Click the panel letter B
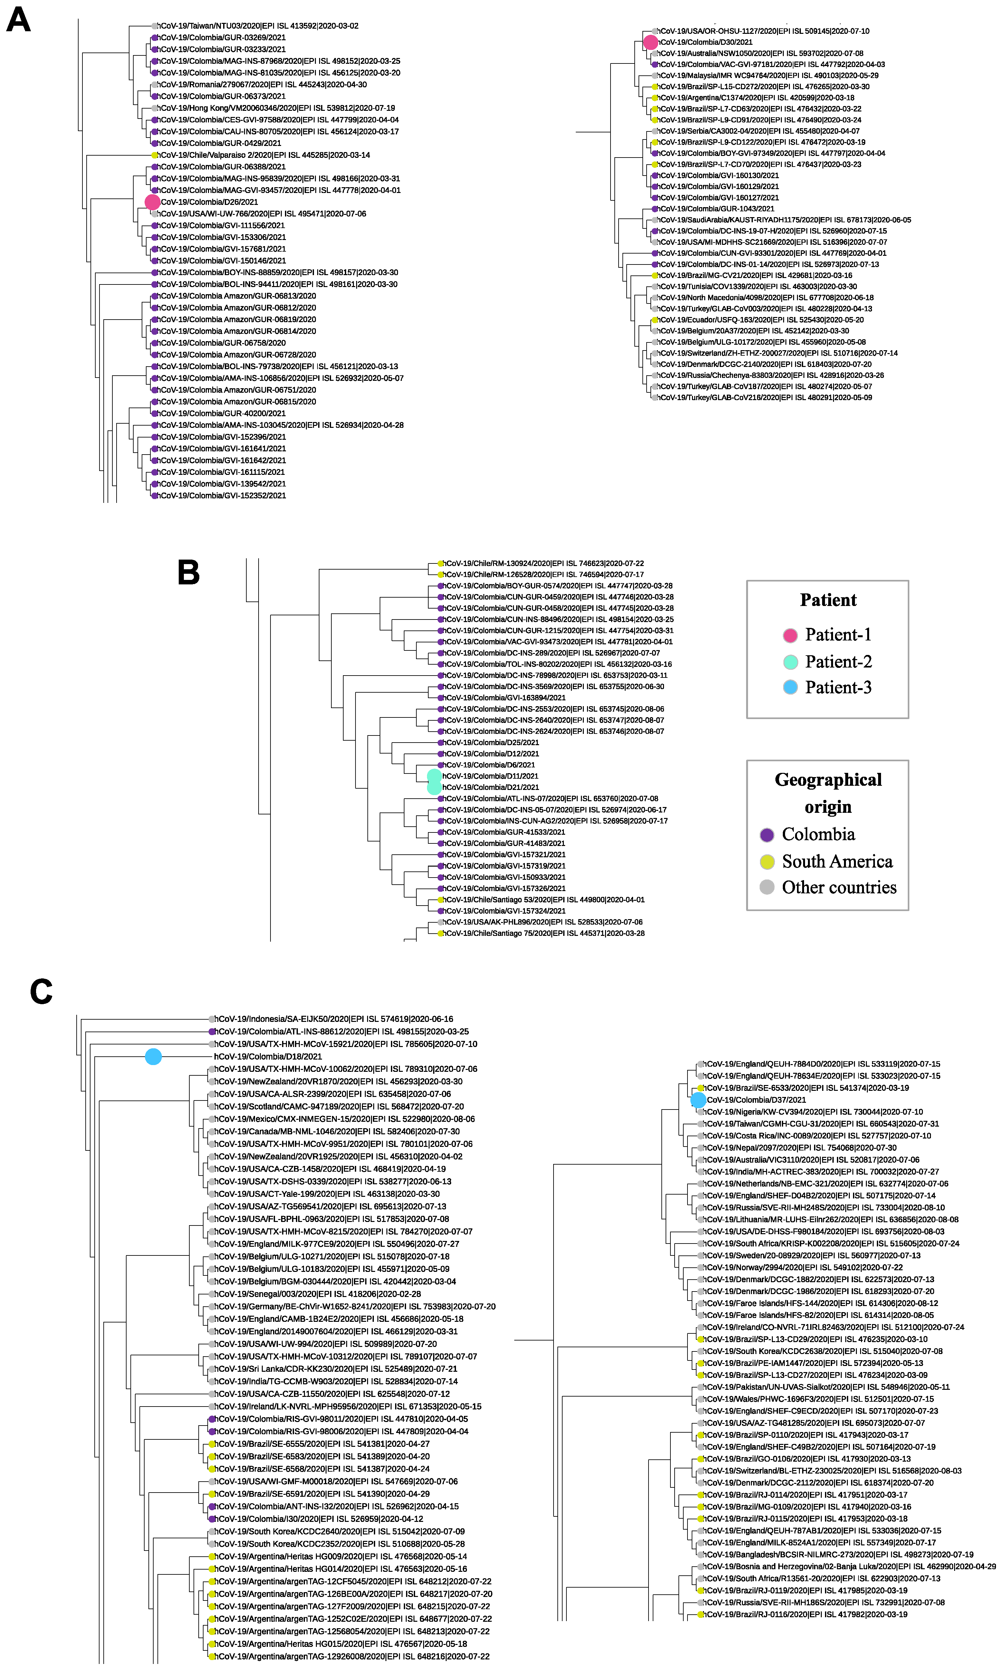pos(188,572)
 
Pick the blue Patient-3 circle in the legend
pos(790,687)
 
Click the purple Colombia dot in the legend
pos(767,835)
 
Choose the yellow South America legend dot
pos(767,862)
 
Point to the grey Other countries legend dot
pos(767,888)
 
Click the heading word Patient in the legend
pos(828,600)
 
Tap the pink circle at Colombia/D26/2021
pos(152,202)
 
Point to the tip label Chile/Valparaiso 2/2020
pos(264,155)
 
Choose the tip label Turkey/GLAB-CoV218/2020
pos(765,398)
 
